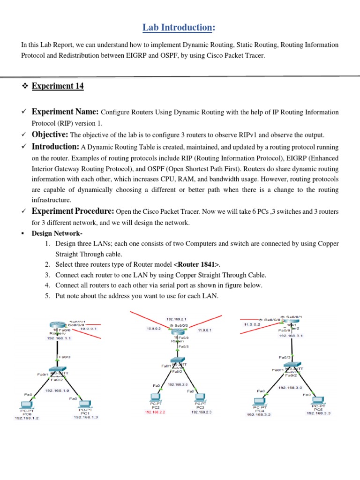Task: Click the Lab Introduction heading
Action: pos(180,28)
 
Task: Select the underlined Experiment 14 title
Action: pos(58,86)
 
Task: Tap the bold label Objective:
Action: pos(50,135)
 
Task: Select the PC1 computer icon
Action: pos(84,404)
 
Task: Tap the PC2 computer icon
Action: pos(154,398)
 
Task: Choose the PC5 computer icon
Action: pos(318,400)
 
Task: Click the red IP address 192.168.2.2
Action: pos(156,412)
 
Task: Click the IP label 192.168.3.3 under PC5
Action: pos(319,413)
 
